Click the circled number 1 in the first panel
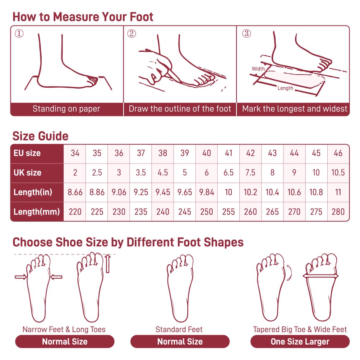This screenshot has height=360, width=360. [x=19, y=33]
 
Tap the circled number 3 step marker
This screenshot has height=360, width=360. [x=246, y=33]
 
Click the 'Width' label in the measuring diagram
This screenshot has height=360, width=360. [x=258, y=69]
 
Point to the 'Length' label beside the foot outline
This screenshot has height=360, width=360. [x=285, y=88]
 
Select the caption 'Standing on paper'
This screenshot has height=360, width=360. [x=66, y=109]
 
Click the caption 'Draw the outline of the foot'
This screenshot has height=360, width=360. [x=180, y=109]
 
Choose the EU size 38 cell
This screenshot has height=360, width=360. [x=162, y=153]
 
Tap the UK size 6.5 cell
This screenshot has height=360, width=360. [x=229, y=173]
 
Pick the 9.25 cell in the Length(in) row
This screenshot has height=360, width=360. [x=141, y=192]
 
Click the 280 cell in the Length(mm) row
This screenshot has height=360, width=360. [x=338, y=212]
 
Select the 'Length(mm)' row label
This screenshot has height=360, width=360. [x=37, y=212]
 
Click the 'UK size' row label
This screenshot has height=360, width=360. [x=28, y=173]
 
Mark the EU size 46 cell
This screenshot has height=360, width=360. [x=338, y=153]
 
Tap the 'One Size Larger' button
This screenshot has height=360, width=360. [x=300, y=341]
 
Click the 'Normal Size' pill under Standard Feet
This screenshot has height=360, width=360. [x=180, y=341]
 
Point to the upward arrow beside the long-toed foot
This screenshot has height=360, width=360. [x=108, y=264]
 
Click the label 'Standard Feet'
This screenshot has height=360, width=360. [x=179, y=329]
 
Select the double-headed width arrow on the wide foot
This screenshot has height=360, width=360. [x=320, y=276]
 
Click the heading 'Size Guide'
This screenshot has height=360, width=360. [x=40, y=136]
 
